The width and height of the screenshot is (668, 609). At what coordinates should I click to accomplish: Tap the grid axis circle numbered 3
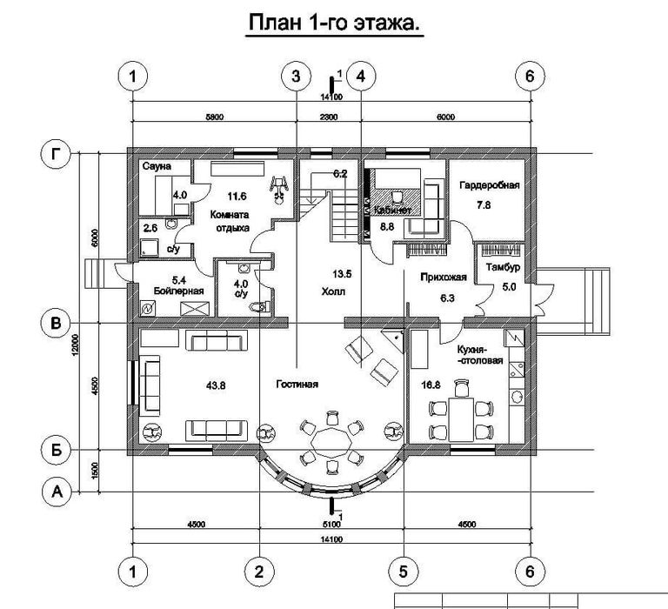pos(297,76)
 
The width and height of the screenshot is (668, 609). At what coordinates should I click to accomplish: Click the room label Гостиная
pos(298,384)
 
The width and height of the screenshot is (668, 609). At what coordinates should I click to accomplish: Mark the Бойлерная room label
pos(181,291)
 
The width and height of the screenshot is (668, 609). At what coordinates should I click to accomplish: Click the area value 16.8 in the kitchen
pos(430,384)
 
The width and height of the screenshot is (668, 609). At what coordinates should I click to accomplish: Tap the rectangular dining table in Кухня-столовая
pos(457,418)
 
